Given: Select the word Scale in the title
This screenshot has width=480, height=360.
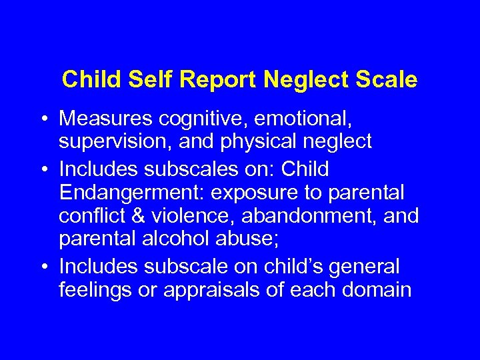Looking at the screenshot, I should (387, 80).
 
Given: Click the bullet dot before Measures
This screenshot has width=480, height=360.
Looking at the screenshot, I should (43, 120).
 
